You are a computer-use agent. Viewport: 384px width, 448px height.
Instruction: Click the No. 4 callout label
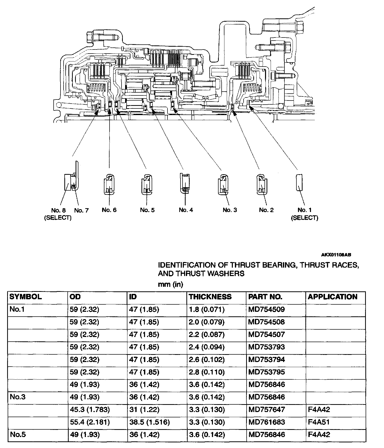coord(186,210)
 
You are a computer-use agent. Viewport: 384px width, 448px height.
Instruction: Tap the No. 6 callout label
coord(109,210)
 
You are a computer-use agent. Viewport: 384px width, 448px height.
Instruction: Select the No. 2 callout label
coord(266,210)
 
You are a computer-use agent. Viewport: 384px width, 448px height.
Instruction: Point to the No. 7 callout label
coord(81,210)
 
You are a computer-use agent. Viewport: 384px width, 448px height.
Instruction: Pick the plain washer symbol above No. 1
coord(299,182)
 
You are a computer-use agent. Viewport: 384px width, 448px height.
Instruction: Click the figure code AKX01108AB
coord(336,255)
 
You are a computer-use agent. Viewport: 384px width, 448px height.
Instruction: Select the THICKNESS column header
coord(210,297)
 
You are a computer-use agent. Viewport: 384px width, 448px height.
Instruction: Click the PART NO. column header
coord(265,297)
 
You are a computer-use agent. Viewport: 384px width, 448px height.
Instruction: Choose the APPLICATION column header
coord(332,297)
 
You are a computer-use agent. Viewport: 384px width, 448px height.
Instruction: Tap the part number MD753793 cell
coord(267,347)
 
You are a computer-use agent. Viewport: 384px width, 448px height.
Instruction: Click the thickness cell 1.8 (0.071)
coord(207,309)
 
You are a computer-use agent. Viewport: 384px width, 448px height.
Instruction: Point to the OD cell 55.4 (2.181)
coord(90,422)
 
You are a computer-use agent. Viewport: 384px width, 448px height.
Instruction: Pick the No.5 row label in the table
coord(18,434)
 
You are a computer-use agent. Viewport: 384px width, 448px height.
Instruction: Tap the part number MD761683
coord(267,422)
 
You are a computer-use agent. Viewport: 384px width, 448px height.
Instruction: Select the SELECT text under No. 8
coord(58,218)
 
